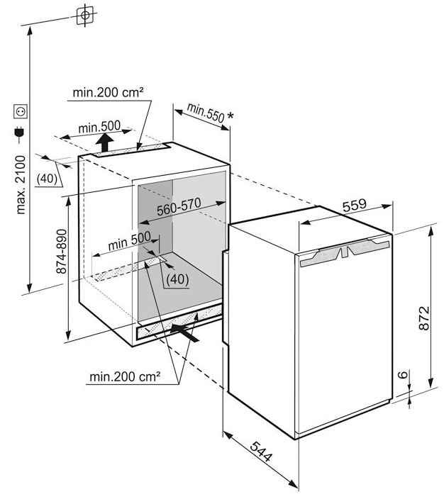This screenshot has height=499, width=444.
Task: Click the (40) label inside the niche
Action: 177,279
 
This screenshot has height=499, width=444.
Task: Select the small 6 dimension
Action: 401,376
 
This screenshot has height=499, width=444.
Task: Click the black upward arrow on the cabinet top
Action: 104,143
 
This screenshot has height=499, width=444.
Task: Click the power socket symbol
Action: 20,111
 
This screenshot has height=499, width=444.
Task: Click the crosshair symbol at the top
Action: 84,14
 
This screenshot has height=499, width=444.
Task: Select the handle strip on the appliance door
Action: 346,251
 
